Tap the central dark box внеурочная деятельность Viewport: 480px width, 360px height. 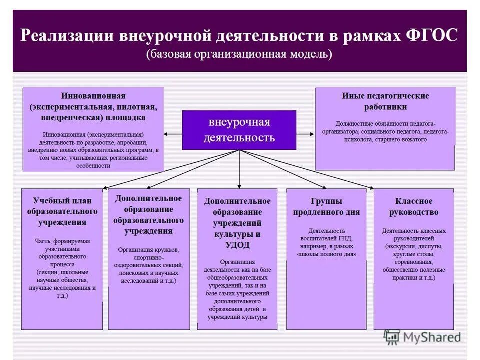point(239,130)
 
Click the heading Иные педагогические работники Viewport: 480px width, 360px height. point(385,101)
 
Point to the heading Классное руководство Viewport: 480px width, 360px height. point(414,206)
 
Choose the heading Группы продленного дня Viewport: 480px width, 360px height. point(326,206)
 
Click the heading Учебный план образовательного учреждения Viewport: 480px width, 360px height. point(62,211)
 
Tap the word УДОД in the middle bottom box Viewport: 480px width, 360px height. point(237,245)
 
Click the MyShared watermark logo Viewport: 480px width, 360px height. point(423,337)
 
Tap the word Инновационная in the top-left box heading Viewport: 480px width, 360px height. point(93,95)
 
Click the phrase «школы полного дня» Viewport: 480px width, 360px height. point(327,254)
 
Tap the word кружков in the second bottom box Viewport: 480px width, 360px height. point(165,249)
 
